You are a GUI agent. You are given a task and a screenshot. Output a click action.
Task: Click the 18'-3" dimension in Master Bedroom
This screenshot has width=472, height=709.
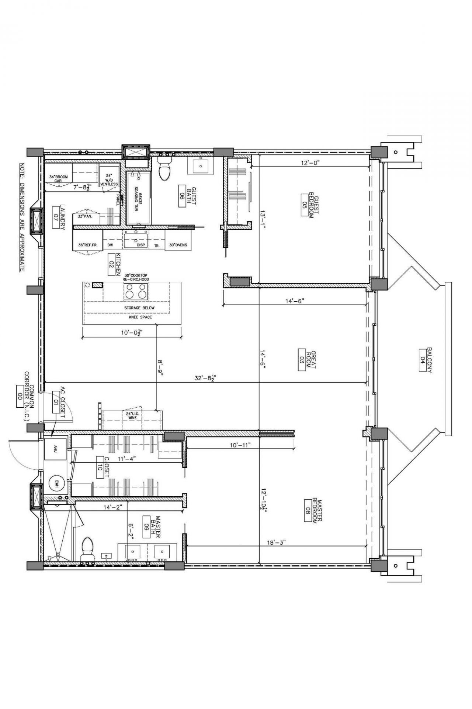click(277, 542)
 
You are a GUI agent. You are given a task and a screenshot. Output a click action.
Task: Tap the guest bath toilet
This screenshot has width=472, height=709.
click(164, 170)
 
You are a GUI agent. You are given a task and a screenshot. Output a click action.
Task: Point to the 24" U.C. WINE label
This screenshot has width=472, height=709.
click(132, 415)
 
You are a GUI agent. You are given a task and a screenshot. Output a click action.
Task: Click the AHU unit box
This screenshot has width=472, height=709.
click(55, 449)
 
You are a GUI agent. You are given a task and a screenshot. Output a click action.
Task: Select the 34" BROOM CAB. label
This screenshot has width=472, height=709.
click(58, 179)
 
